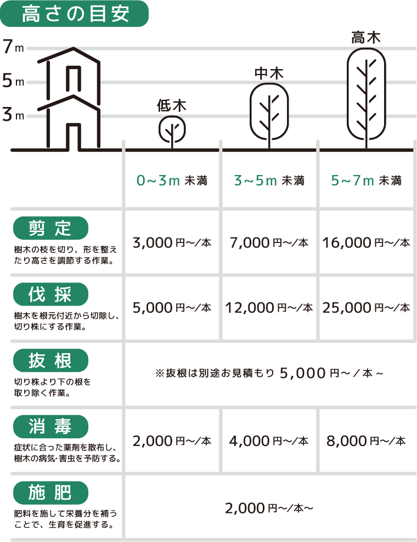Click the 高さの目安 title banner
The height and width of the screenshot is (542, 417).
(x=74, y=14)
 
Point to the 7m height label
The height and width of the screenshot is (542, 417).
(x=14, y=47)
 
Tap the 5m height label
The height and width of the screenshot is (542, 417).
(x=14, y=81)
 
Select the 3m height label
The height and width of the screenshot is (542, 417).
(x=14, y=115)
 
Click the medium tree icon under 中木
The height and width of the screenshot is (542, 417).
(x=269, y=116)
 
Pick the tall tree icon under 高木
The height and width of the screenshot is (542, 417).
(x=367, y=99)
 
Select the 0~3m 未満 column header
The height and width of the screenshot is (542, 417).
(x=172, y=180)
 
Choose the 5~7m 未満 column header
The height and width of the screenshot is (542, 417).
(x=366, y=180)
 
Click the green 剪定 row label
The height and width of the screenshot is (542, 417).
(x=50, y=228)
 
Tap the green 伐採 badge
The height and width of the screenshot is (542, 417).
(x=50, y=294)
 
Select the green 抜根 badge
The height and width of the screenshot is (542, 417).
(x=50, y=360)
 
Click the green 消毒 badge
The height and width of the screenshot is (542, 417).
(x=50, y=427)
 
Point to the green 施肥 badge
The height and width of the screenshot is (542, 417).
(x=50, y=493)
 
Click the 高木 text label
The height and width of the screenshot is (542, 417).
(x=366, y=38)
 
